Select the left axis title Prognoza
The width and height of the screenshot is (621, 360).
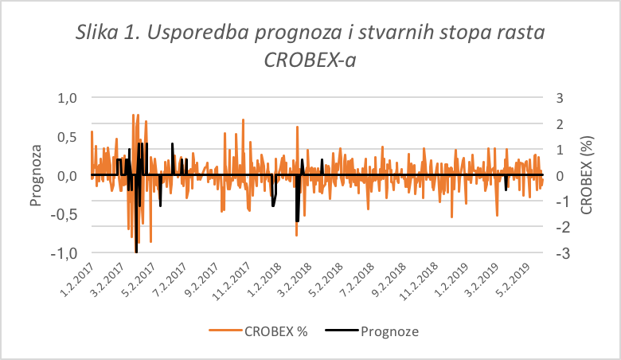pos(36,176)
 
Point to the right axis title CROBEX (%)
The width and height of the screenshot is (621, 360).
pos(587,176)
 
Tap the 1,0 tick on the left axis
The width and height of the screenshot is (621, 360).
pos(64,97)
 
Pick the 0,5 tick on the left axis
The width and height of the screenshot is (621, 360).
pos(64,136)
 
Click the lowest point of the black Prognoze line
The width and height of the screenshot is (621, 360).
pos(136,252)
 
